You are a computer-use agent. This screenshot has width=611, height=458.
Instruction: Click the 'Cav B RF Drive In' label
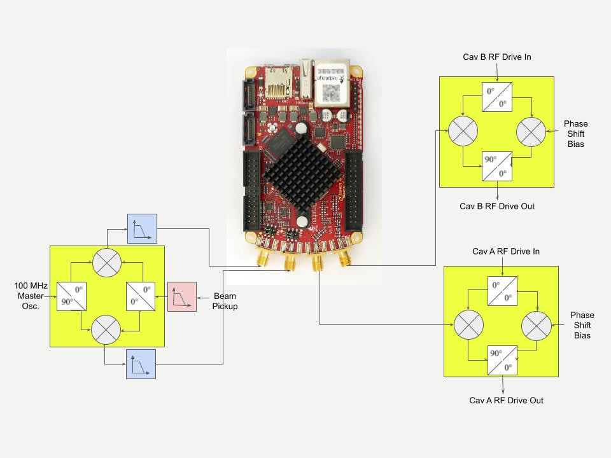[496, 57]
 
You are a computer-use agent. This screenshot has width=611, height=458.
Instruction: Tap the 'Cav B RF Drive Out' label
[497, 206]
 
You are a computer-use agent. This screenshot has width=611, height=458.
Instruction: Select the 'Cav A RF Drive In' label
[506, 251]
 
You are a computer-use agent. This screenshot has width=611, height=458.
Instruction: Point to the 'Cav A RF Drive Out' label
[507, 400]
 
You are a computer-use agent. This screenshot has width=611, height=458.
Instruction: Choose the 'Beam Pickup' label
[225, 302]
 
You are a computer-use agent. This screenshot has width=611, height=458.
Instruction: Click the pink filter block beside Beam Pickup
[182, 296]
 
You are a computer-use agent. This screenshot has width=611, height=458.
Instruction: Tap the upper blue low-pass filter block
[142, 228]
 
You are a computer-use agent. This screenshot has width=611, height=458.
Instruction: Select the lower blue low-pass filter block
[141, 364]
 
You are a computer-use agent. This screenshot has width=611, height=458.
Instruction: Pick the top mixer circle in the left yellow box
[106, 261]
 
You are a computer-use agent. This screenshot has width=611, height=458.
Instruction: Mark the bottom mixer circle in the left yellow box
[106, 330]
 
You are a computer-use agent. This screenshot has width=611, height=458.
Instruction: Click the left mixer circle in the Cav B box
[463, 131]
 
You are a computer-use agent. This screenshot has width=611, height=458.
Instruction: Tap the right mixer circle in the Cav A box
[536, 326]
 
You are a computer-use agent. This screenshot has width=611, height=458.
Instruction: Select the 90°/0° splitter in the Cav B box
[497, 166]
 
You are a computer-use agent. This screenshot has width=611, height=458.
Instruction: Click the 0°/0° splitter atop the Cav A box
[502, 291]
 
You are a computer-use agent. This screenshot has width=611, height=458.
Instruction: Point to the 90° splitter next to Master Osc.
[71, 296]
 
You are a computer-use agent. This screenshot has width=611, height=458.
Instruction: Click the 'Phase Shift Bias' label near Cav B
[576, 134]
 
